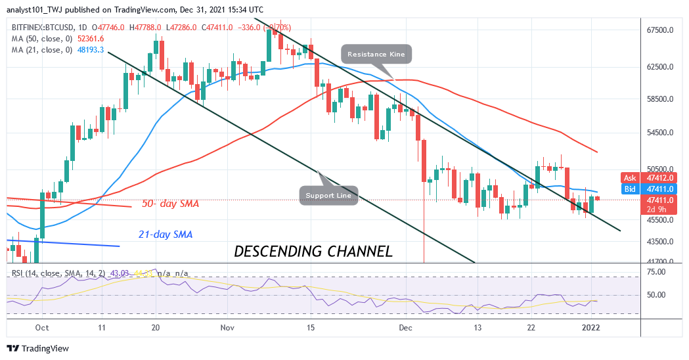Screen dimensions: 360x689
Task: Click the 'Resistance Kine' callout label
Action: (x=376, y=54)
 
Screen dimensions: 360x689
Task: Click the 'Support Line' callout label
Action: (x=330, y=194)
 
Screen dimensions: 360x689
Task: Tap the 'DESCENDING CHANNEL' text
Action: (x=313, y=251)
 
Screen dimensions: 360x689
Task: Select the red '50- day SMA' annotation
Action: (x=170, y=204)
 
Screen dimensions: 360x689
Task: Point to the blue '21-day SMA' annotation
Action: (x=165, y=234)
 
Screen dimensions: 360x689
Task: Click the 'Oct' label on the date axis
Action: (x=41, y=327)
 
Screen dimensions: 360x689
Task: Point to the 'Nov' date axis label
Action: (x=227, y=327)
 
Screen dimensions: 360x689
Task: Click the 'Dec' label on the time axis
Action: (x=405, y=327)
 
